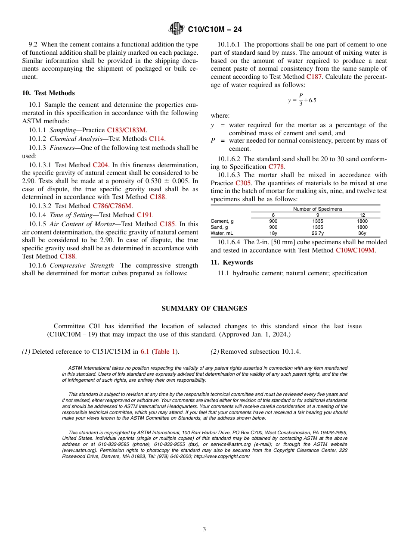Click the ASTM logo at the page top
177,29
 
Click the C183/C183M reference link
127,130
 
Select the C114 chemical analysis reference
157,139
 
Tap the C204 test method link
100,165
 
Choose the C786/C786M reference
112,206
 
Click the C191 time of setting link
144,215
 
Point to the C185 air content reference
167,224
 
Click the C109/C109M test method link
355,250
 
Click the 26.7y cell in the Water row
318,233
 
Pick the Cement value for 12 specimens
362,221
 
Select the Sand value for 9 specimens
318,227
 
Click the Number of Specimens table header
318,209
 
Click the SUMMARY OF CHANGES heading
204,308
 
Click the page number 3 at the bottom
204,529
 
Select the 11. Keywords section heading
232,262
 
